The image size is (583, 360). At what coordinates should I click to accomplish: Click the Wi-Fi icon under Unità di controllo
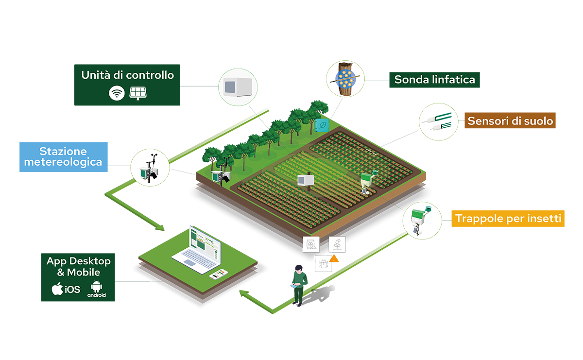[117, 93]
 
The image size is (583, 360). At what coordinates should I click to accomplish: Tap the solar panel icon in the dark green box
[137, 93]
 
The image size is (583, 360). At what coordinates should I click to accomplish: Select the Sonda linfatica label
[434, 80]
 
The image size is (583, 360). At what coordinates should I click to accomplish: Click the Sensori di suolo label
[510, 120]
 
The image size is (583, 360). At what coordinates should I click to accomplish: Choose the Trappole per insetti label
[508, 219]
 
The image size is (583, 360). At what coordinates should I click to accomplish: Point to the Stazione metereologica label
[64, 157]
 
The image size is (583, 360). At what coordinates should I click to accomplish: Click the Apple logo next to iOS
[57, 289]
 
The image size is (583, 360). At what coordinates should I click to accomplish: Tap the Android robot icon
[96, 286]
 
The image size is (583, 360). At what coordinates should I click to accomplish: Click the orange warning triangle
[334, 258]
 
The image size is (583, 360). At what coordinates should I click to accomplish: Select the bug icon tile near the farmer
[323, 264]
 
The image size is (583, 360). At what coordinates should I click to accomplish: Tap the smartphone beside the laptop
[219, 274]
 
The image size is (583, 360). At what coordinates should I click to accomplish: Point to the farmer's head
[299, 269]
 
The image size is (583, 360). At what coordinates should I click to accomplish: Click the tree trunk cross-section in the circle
[345, 79]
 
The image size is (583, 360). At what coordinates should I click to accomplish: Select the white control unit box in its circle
[238, 87]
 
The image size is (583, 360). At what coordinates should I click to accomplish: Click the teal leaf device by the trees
[322, 125]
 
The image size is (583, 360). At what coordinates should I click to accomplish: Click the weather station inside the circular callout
[150, 169]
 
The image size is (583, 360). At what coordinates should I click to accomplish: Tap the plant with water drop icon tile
[337, 244]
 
